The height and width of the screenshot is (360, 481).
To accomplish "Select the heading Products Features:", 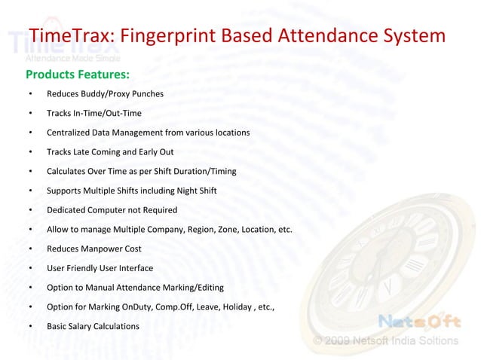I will [x=78, y=74].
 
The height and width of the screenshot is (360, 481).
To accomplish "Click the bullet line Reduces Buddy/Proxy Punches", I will [x=105, y=94].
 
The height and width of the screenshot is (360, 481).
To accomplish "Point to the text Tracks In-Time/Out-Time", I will [x=93, y=114].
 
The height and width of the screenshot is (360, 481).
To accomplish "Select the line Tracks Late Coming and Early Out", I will [x=110, y=152].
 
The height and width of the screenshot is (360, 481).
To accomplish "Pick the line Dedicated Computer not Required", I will [x=112, y=210].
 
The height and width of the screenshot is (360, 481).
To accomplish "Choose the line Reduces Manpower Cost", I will [x=93, y=249].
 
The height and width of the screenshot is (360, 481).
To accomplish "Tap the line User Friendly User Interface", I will [x=100, y=268].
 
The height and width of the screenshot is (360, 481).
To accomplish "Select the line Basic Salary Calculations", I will [x=93, y=326].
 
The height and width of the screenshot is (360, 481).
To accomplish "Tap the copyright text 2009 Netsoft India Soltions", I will [x=392, y=340].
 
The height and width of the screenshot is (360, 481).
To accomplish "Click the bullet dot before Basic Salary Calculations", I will [x=29, y=326].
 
